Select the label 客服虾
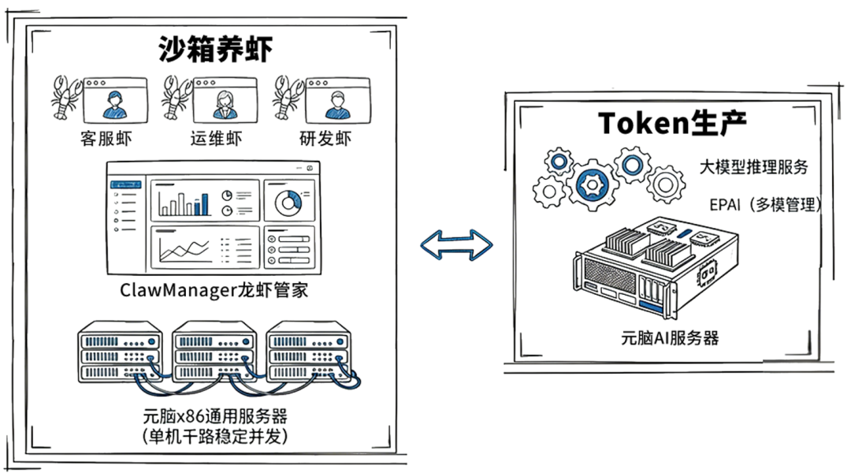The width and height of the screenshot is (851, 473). pyautogui.click(x=106, y=139)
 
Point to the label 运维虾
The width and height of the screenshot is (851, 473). pyautogui.click(x=216, y=139)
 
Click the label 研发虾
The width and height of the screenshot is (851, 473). pyautogui.click(x=325, y=139)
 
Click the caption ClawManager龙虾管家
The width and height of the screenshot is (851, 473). pyautogui.click(x=214, y=290)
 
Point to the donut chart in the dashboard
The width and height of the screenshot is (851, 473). pyautogui.click(x=288, y=203)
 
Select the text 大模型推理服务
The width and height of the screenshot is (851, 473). pyautogui.click(x=753, y=167)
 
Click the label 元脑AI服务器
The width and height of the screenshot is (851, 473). pyautogui.click(x=670, y=338)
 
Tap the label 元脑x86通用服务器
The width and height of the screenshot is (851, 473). pyautogui.click(x=214, y=415)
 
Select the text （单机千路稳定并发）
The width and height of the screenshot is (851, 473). pyautogui.click(x=214, y=434)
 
